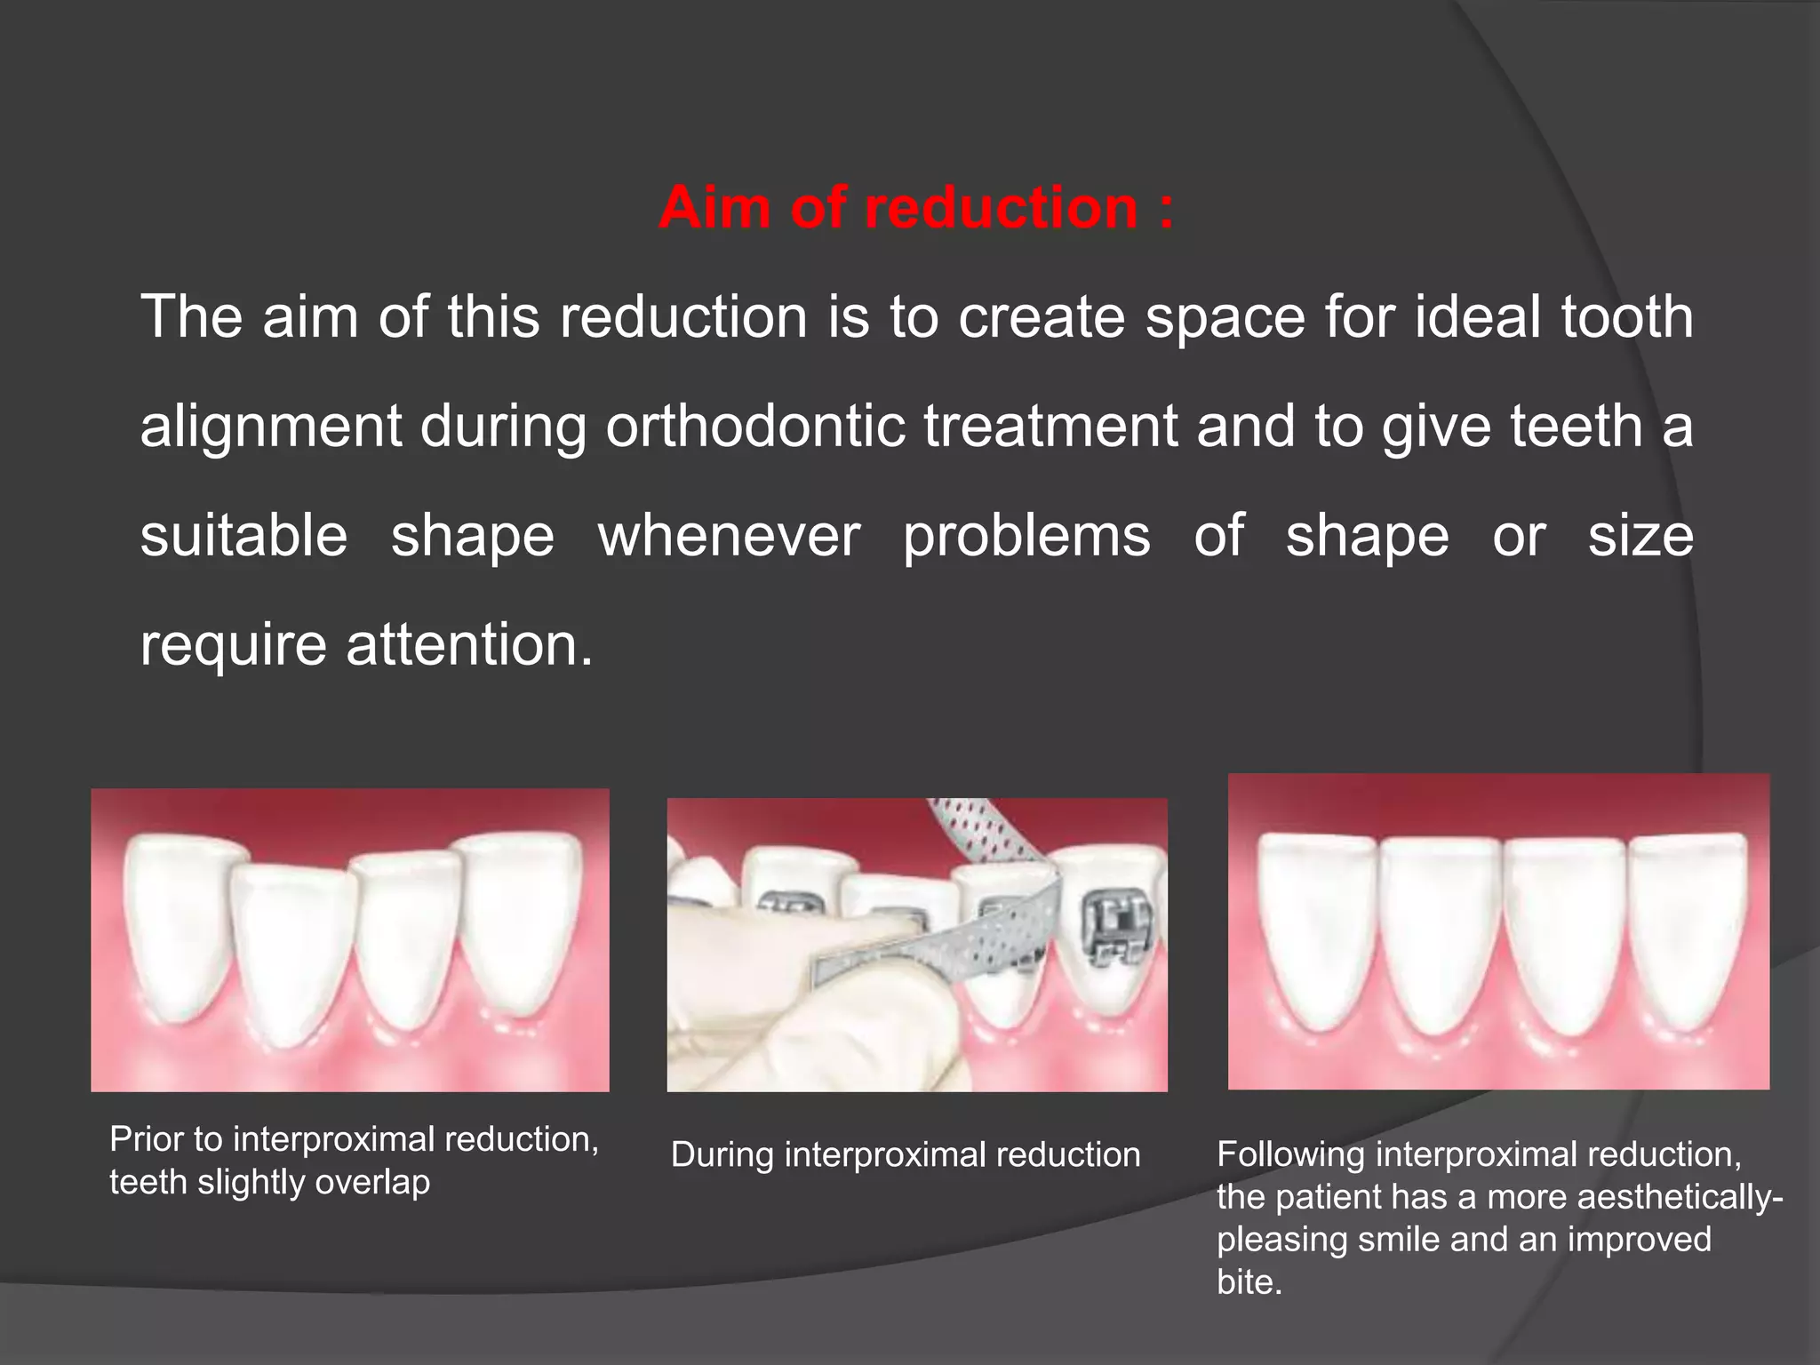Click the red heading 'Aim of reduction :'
pos(915,208)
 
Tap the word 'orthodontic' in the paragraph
pos(755,427)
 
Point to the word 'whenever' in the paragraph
pos(729,536)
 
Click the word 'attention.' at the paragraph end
pos(468,644)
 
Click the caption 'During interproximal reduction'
pos(905,1155)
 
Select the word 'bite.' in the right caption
pos(1249,1282)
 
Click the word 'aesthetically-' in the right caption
pos(1680,1197)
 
